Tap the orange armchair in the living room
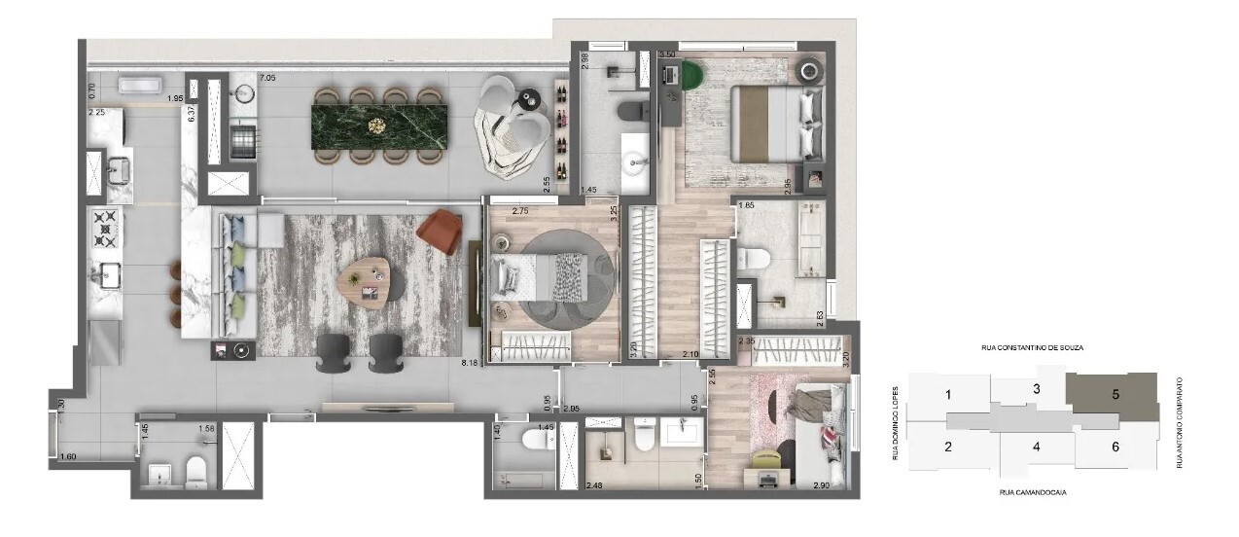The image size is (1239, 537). [440, 231]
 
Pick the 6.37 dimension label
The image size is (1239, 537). [192, 113]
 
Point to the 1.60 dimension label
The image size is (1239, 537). [67, 457]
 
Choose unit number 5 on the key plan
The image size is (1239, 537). [1115, 395]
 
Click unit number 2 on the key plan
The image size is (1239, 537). [947, 447]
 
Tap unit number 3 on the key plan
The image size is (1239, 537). [1037, 389]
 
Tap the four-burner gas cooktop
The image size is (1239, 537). [104, 230]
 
